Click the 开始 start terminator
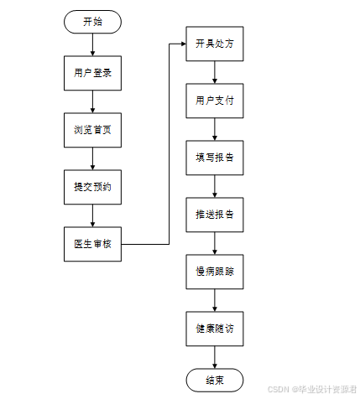pyautogui.click(x=92, y=22)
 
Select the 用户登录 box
pyautogui.click(x=92, y=73)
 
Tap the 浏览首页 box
pyautogui.click(x=92, y=130)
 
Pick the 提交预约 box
pyautogui.click(x=92, y=187)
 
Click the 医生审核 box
pyautogui.click(x=92, y=244)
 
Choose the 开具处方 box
pyautogui.click(x=215, y=44)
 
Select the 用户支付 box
pyautogui.click(x=215, y=101)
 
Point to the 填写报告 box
pyautogui.click(x=215, y=158)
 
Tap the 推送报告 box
pyautogui.click(x=215, y=215)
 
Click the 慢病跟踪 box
pyautogui.click(x=215, y=272)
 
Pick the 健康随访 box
pyautogui.click(x=215, y=329)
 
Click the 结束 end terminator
pyautogui.click(x=215, y=380)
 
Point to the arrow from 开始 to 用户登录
pyautogui.click(x=92, y=44)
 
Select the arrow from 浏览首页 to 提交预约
pyautogui.click(x=92, y=158)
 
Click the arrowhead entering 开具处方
pyautogui.click(x=184, y=44)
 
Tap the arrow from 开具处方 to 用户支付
pyautogui.click(x=215, y=72)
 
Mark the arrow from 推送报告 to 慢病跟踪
pyautogui.click(x=215, y=243)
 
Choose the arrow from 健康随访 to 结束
pyautogui.click(x=215, y=357)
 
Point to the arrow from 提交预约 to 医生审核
pyautogui.click(x=92, y=215)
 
